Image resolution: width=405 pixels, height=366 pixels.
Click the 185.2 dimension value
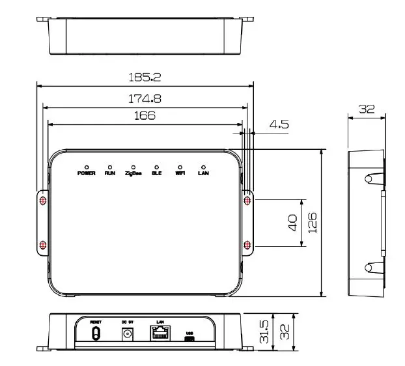tap(145, 77)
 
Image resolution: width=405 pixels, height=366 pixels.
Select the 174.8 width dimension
tap(145, 98)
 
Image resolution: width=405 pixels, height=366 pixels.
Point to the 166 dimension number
tap(145, 115)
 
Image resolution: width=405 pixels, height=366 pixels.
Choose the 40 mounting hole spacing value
tap(292, 223)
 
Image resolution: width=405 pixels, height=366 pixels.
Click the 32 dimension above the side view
tap(367, 109)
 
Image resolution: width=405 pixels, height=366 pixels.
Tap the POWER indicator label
tap(87, 174)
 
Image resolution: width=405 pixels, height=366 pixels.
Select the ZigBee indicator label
tap(133, 174)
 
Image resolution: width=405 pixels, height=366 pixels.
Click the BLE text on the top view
tap(156, 174)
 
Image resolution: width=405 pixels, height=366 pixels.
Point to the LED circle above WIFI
tap(180, 167)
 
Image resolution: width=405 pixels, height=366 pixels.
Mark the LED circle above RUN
tap(109, 167)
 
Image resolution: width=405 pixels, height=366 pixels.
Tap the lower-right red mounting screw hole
tap(247, 245)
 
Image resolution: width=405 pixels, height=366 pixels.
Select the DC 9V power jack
tap(128, 333)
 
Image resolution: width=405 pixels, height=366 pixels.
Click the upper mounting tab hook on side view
tap(369, 178)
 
